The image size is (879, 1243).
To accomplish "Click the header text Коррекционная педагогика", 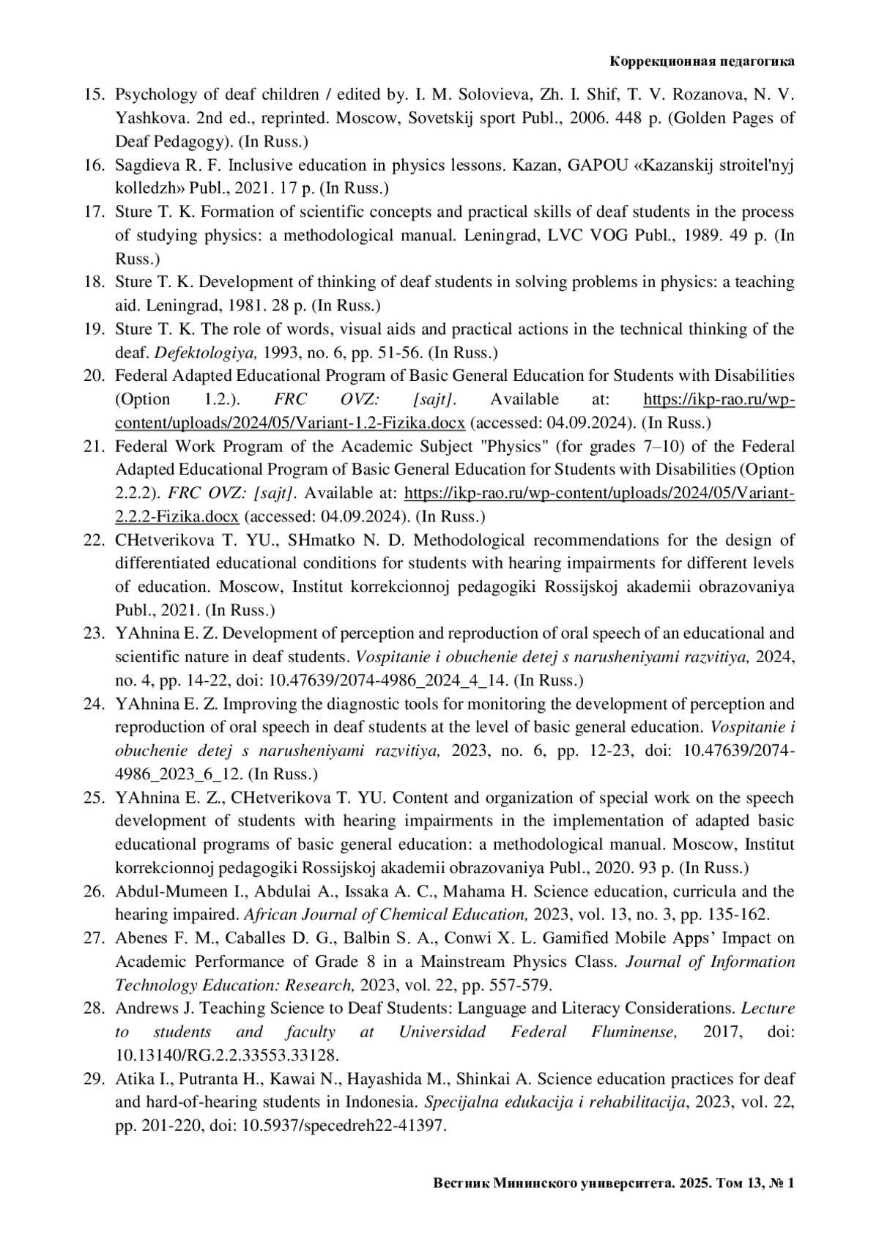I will (702, 62).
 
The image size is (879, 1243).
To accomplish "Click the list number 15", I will (94, 94).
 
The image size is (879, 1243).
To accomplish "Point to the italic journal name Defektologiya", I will (205, 352).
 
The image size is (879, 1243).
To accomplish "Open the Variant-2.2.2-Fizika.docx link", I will (177, 516).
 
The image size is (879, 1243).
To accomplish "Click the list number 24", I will (94, 704).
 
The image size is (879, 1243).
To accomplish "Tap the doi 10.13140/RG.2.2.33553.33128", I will (227, 1055).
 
